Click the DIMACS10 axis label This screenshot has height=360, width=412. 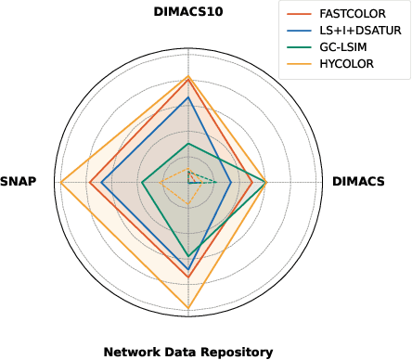click(188, 11)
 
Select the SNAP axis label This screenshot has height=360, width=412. click(19, 182)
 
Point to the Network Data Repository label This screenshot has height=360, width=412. click(188, 352)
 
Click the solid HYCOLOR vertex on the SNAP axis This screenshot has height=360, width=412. click(60, 182)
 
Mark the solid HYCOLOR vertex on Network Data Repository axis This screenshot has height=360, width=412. click(188, 308)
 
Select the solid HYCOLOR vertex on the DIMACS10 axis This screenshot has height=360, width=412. click(188, 76)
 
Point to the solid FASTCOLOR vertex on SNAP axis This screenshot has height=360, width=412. click(89, 182)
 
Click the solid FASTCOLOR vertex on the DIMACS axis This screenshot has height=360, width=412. click(252, 182)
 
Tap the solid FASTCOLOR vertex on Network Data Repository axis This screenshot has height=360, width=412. click(188, 277)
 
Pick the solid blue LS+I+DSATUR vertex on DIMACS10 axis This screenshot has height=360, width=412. click(188, 96)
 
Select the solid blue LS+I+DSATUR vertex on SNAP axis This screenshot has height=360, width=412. click(101, 182)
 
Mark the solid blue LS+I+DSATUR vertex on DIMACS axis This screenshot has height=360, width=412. click(230, 182)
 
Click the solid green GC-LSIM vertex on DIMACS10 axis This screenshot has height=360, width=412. click(188, 143)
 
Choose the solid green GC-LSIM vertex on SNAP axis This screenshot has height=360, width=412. click(142, 182)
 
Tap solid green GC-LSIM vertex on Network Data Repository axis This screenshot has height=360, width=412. click(188, 256)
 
